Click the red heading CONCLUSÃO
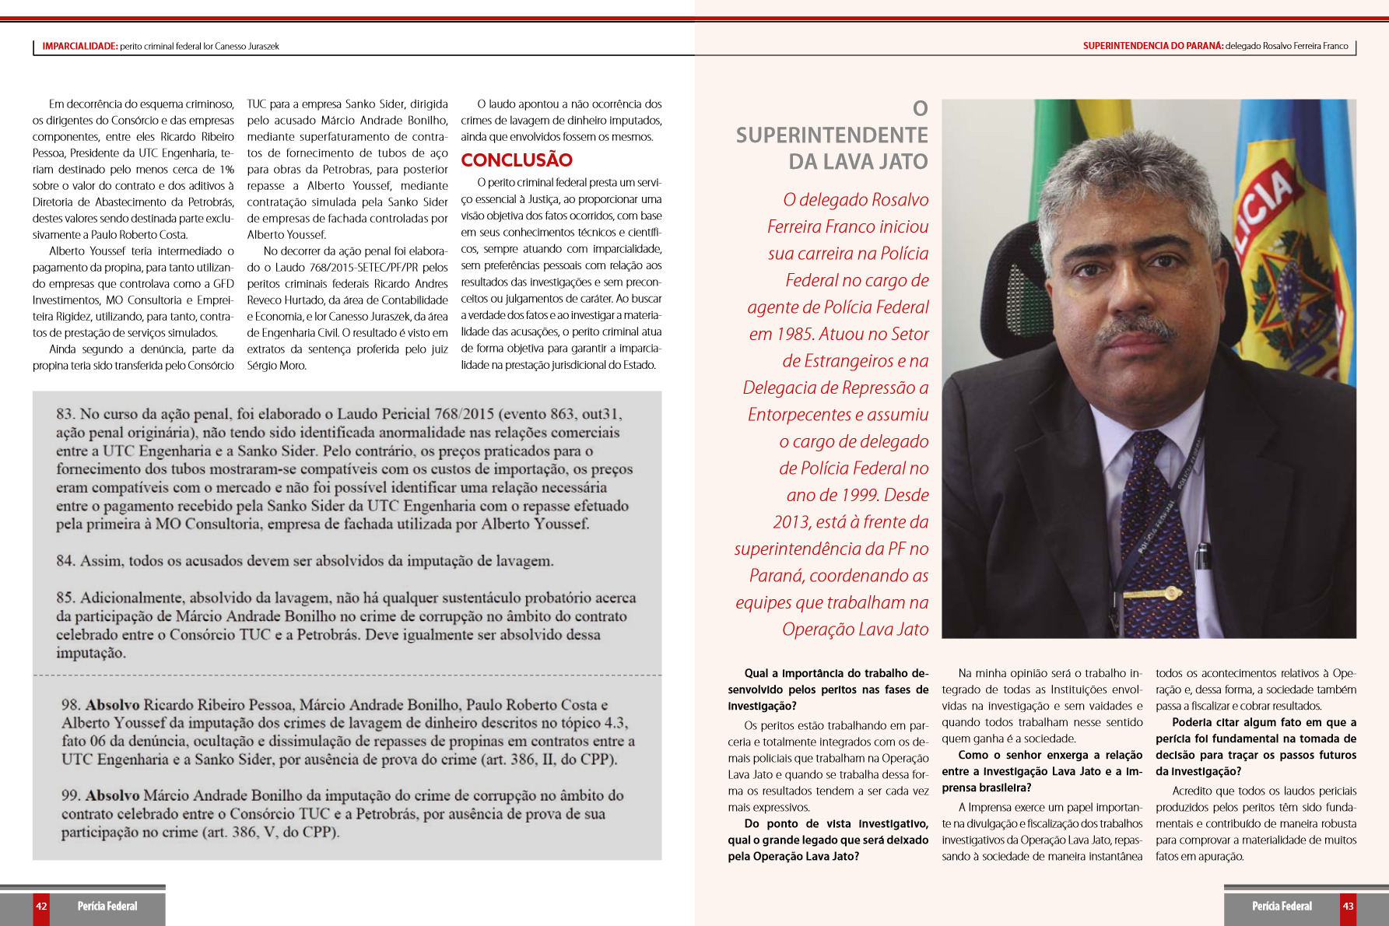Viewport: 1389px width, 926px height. [x=517, y=160]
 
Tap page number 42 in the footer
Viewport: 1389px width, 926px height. [x=41, y=907]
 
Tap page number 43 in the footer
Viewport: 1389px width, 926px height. [x=1348, y=907]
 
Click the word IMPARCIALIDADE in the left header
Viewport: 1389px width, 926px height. [x=79, y=47]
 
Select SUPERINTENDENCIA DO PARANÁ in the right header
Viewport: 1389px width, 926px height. [x=1152, y=46]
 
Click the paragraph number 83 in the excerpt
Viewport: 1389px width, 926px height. [x=65, y=415]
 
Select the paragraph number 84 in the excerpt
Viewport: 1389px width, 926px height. [x=65, y=561]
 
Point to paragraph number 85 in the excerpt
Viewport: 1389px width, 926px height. [x=65, y=598]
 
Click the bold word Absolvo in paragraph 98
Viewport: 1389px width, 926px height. [x=113, y=705]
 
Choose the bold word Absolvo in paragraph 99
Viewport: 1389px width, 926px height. [x=113, y=796]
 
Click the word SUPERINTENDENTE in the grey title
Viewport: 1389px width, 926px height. [x=832, y=135]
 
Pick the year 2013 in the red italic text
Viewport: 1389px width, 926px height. [x=792, y=522]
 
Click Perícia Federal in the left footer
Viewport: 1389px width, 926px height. [x=107, y=907]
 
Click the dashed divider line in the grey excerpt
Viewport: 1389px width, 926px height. [x=347, y=675]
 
